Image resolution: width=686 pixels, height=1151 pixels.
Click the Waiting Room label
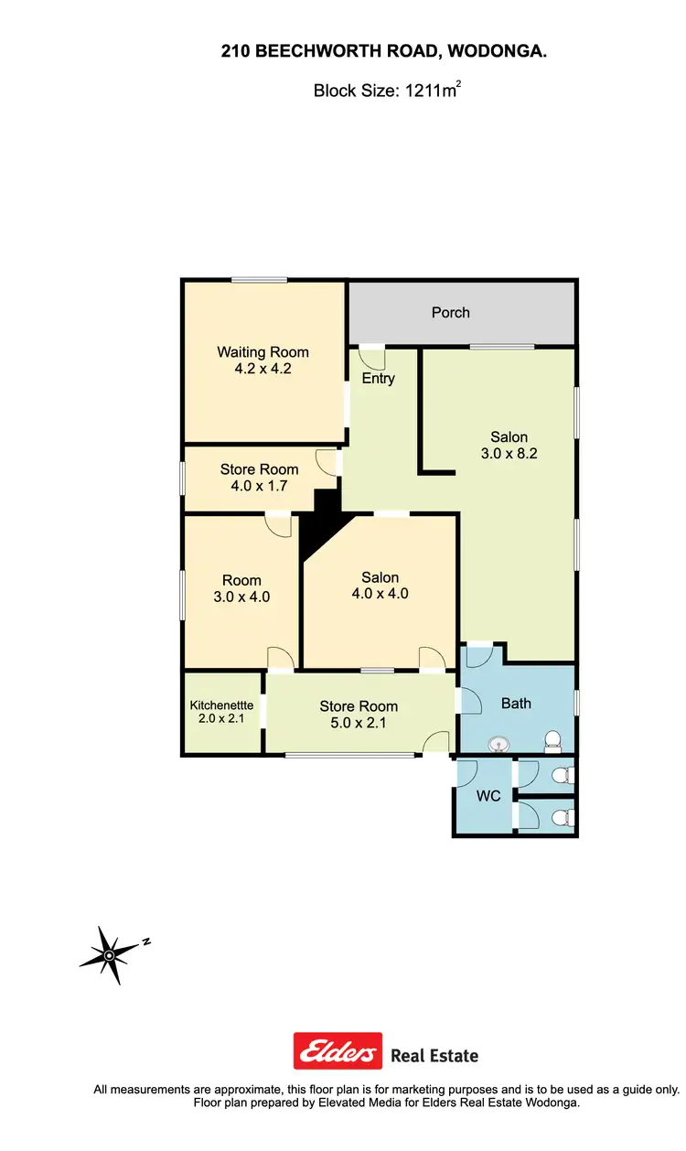click(x=263, y=352)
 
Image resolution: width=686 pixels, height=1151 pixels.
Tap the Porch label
click(x=450, y=313)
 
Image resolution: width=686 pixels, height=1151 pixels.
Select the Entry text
click(x=378, y=378)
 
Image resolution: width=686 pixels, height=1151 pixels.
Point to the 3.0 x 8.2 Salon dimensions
click(x=509, y=453)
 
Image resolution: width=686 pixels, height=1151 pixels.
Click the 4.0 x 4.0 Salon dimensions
click(x=380, y=593)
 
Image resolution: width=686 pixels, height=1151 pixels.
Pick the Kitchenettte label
click(x=222, y=705)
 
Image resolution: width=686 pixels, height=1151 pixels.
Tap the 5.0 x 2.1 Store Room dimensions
click(x=359, y=722)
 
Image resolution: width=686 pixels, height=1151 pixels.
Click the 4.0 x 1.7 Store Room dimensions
click(x=259, y=486)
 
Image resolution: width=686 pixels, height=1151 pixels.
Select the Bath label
click(x=516, y=704)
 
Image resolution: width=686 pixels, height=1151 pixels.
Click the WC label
click(x=488, y=796)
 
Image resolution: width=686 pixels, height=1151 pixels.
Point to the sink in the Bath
click(x=499, y=744)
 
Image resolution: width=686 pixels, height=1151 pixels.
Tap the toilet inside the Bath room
click(x=552, y=739)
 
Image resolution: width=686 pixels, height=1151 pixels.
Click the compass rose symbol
click(x=110, y=954)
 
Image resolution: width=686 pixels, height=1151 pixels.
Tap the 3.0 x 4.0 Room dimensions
click(x=241, y=597)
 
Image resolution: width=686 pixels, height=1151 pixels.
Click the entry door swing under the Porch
click(x=371, y=356)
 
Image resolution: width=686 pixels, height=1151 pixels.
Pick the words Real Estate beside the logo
click(x=434, y=1056)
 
